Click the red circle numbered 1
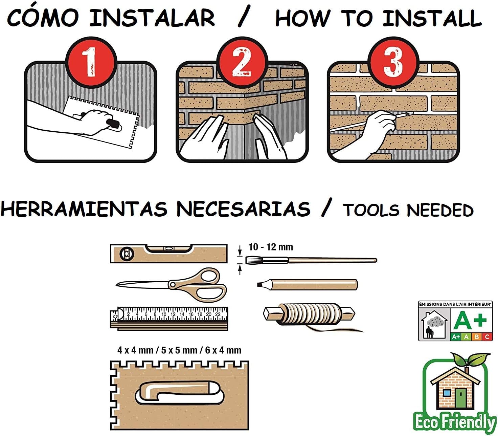(x=91, y=62)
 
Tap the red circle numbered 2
(x=242, y=62)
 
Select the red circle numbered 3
(x=393, y=62)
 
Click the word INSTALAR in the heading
(x=152, y=18)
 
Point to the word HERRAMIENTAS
(x=84, y=209)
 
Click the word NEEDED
(x=440, y=210)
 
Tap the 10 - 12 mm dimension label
(x=270, y=247)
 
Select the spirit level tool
(x=169, y=254)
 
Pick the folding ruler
(x=169, y=318)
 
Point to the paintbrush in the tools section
(x=311, y=260)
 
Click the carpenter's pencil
(x=308, y=284)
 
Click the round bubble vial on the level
(x=126, y=254)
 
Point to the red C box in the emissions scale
(x=487, y=336)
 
